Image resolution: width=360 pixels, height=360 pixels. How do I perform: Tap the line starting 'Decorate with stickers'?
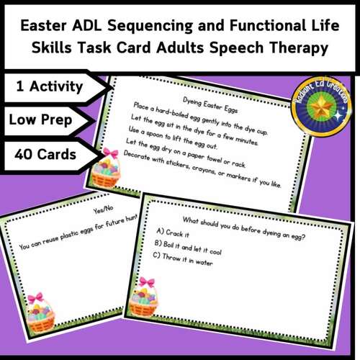click(x=209, y=172)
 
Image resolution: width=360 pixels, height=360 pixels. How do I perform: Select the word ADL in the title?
click(x=104, y=27)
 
